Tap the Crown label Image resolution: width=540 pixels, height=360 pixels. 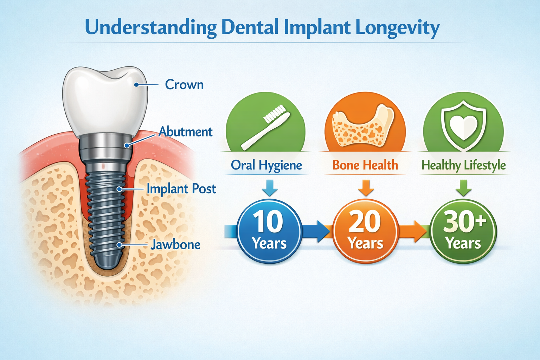tap(184, 85)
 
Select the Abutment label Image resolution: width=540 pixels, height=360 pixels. tap(185, 132)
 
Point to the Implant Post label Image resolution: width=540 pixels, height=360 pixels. tap(181, 189)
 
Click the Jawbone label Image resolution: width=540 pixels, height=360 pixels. tap(175, 245)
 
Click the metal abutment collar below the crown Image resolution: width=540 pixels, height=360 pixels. tap(105, 146)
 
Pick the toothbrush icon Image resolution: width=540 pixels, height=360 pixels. tap(265, 127)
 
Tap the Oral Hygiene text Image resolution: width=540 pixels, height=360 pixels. tap(266, 165)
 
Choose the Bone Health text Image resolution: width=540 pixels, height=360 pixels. tap(365, 165)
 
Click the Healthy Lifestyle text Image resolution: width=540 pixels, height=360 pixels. tap(463, 165)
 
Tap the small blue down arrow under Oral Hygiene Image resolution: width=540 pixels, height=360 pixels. tap(270, 188)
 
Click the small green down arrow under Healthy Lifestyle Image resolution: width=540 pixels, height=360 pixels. tap(463, 188)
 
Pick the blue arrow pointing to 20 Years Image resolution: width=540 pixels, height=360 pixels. tap(316, 231)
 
